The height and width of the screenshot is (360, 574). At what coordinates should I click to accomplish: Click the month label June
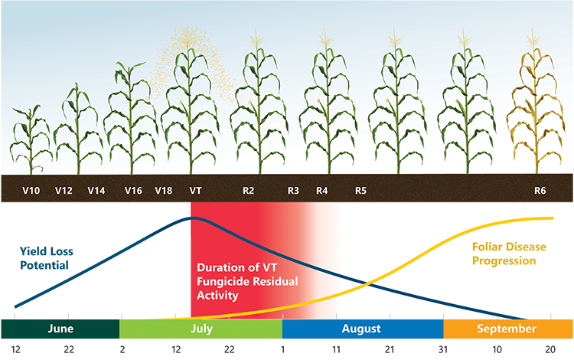click(x=60, y=329)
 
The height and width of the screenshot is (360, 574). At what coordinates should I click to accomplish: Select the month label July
click(x=201, y=329)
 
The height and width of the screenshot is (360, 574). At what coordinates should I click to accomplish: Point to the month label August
click(x=361, y=329)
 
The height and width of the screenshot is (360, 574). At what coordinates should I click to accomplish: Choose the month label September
click(x=507, y=329)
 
